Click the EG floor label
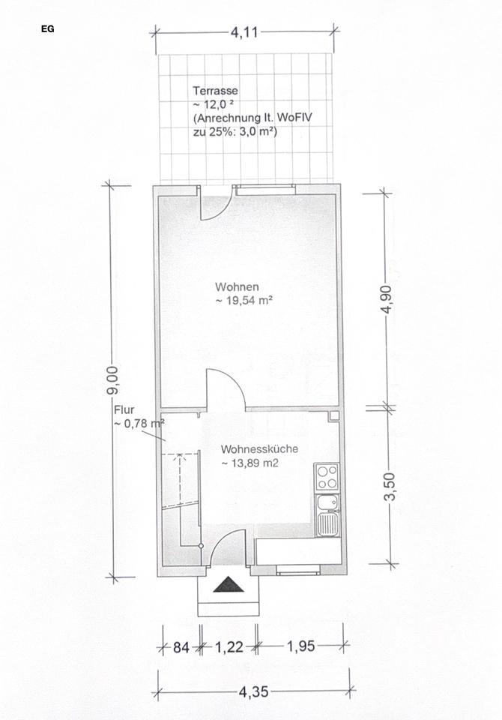[x=48, y=29]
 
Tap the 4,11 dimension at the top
[x=244, y=32]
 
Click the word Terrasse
[x=215, y=91]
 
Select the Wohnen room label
[x=238, y=287]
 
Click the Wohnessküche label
[x=260, y=449]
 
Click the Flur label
[x=124, y=409]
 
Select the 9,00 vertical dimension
[x=112, y=379]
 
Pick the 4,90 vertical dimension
[x=386, y=299]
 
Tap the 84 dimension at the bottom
[x=181, y=648]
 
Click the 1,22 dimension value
[x=229, y=647]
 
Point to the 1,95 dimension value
[x=301, y=646]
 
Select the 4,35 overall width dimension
[x=254, y=691]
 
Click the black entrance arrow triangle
[x=228, y=585]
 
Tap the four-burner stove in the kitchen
[x=327, y=477]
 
